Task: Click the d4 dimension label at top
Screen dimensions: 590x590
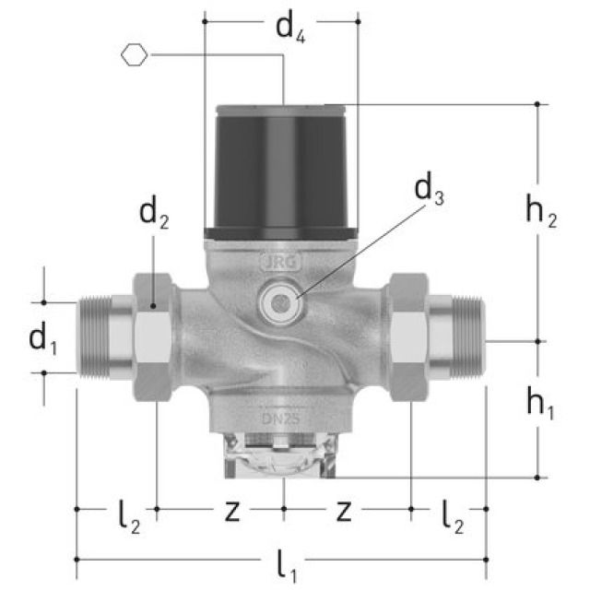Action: pyautogui.click(x=290, y=28)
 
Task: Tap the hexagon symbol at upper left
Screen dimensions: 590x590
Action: pyautogui.click(x=134, y=55)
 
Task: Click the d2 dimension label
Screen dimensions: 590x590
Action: pyautogui.click(x=154, y=214)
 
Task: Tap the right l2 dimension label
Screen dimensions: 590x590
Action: pyautogui.click(x=453, y=515)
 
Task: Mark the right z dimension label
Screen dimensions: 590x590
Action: pyautogui.click(x=343, y=511)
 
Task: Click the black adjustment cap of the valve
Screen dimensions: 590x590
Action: pyautogui.click(x=280, y=171)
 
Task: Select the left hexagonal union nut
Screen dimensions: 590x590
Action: pyautogui.click(x=153, y=336)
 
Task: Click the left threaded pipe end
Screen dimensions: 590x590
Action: pyautogui.click(x=105, y=337)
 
